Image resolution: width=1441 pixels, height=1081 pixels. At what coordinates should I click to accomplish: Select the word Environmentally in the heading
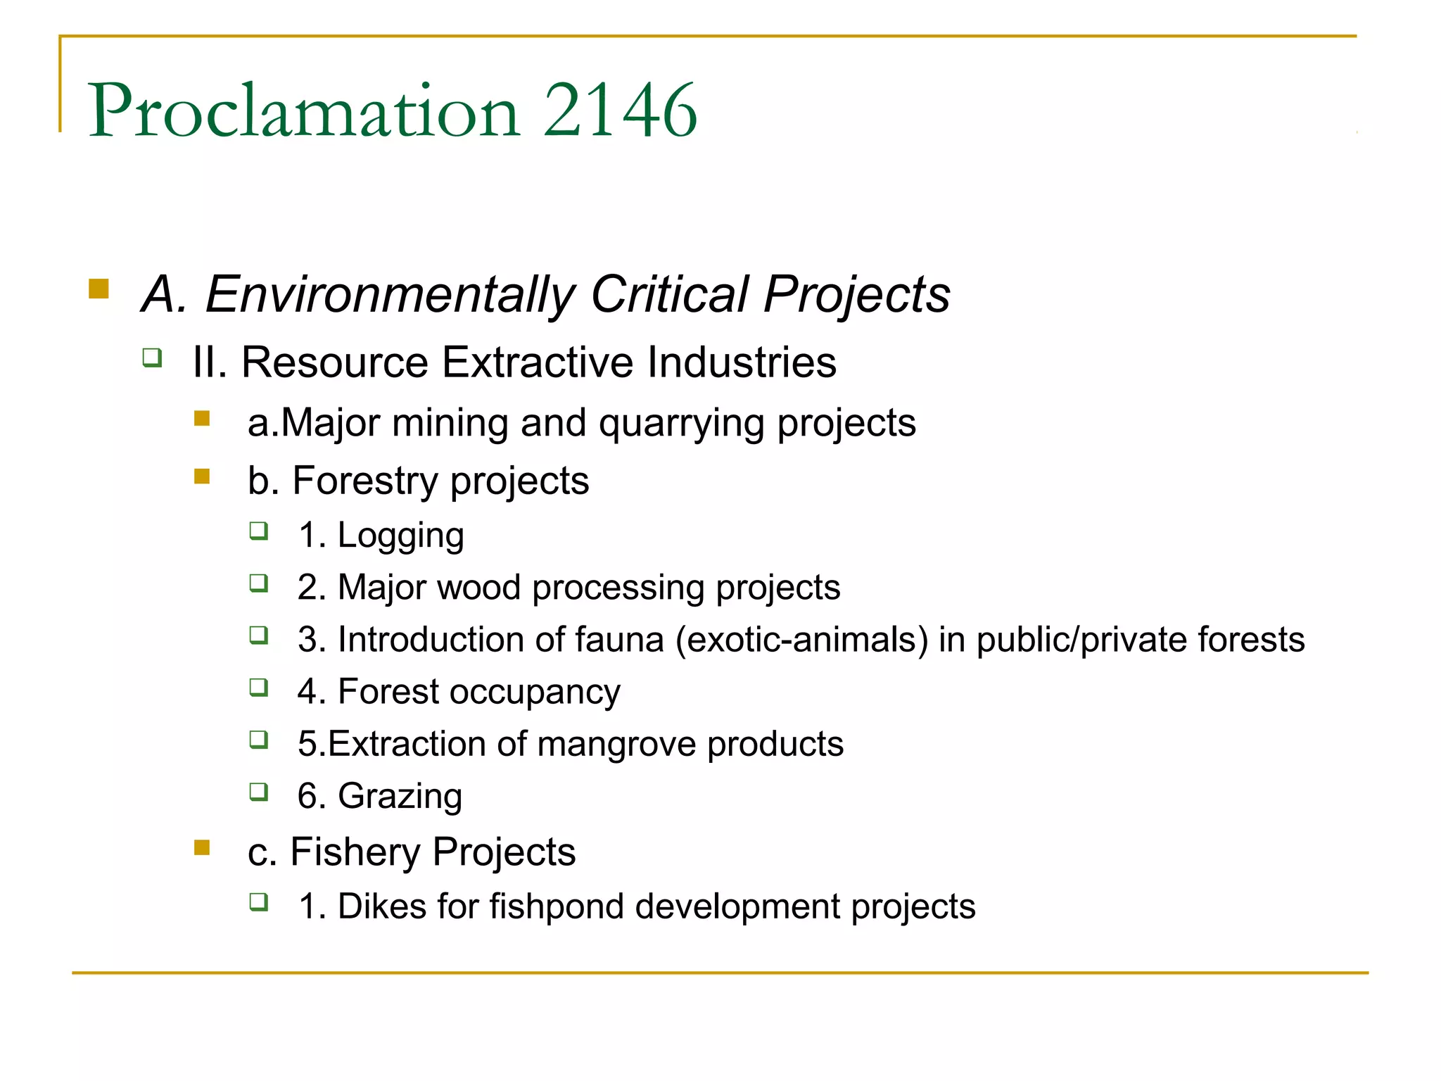(x=391, y=295)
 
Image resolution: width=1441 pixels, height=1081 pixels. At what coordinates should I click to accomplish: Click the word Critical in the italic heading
(x=669, y=293)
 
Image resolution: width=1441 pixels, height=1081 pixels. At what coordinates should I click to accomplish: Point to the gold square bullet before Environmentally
(x=99, y=289)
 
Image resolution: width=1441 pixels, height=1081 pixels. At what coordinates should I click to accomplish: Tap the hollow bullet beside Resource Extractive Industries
(x=152, y=358)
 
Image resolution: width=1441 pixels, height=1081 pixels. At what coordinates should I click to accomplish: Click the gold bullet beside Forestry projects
(x=202, y=477)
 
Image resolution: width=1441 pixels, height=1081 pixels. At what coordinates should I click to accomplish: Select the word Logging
(x=400, y=536)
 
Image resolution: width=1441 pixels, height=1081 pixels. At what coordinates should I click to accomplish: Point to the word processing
(x=618, y=588)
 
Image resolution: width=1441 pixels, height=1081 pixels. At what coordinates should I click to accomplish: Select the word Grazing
(x=400, y=797)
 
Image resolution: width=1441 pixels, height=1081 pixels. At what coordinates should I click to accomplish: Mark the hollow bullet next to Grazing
(x=259, y=792)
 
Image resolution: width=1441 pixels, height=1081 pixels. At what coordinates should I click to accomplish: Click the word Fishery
(x=355, y=852)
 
